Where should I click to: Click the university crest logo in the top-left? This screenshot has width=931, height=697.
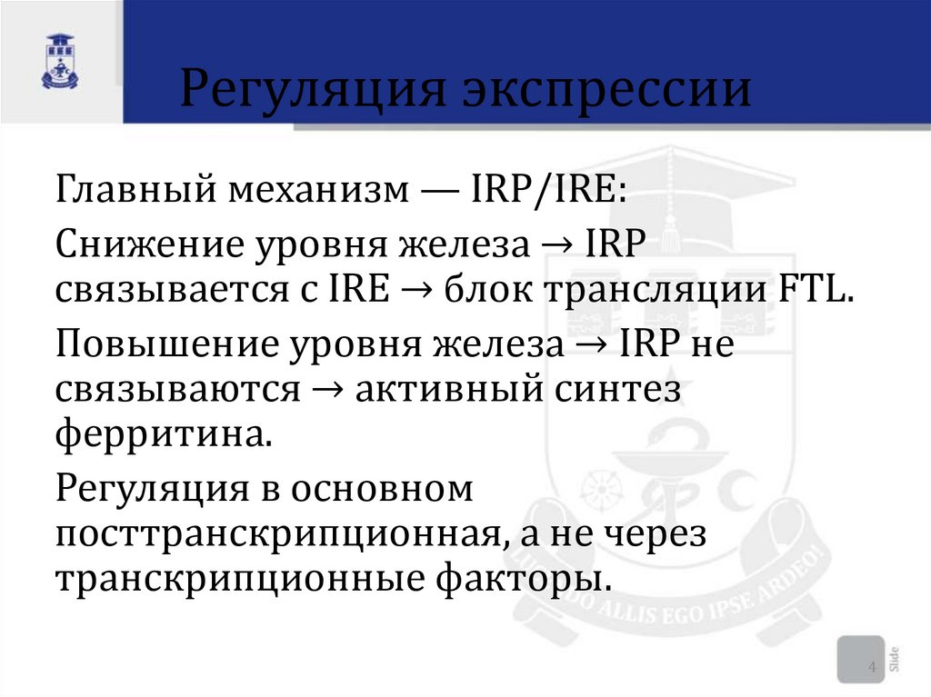point(60,62)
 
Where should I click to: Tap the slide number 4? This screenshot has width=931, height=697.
point(872,669)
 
